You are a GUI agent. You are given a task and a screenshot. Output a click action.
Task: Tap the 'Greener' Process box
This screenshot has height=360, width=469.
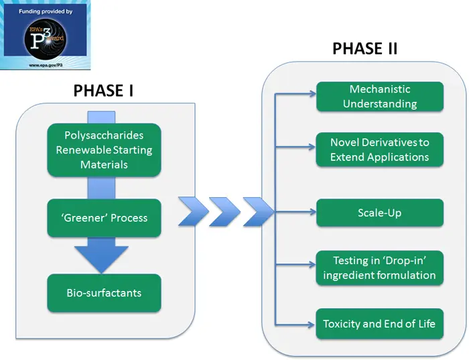pyautogui.click(x=104, y=218)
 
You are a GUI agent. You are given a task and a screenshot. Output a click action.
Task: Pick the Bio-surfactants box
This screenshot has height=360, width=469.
pyautogui.click(x=104, y=293)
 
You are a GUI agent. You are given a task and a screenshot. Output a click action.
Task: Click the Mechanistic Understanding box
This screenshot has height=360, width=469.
pyautogui.click(x=379, y=97)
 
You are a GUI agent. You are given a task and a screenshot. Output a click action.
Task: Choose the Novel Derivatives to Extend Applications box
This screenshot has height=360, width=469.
pyautogui.click(x=379, y=149)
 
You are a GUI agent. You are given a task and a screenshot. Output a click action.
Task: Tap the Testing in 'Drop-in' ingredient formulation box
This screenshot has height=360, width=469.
pyautogui.click(x=379, y=267)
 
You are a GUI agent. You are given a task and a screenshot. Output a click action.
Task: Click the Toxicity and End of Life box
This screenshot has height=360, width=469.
pyautogui.click(x=379, y=324)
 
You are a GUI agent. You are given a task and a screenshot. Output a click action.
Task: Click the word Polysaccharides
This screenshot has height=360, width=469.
pyautogui.click(x=104, y=136)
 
